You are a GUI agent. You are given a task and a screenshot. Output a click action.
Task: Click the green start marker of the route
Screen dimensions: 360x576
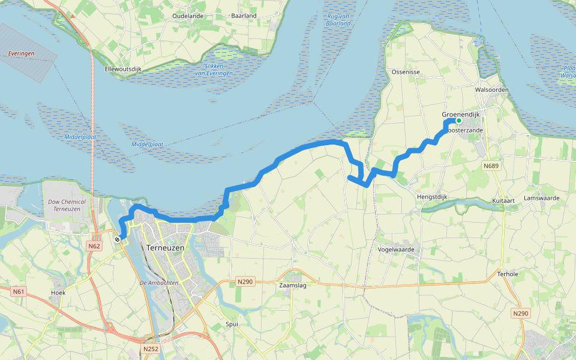(x=459, y=121)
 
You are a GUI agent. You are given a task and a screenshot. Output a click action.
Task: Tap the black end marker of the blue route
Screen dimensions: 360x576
(x=118, y=239)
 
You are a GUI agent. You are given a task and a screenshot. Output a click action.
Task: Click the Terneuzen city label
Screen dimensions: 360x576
(x=164, y=247)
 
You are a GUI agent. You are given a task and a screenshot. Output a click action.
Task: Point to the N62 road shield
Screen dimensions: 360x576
(x=93, y=246)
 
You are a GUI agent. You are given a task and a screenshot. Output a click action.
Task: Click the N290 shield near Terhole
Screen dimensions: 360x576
(x=521, y=314)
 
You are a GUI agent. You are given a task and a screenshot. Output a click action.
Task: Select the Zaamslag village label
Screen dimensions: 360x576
(x=293, y=286)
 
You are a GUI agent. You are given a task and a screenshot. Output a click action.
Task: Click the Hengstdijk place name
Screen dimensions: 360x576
(x=433, y=196)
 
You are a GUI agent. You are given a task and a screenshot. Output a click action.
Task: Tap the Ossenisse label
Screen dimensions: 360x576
(x=405, y=71)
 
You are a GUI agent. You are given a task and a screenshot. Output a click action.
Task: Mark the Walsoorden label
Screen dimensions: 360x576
(x=491, y=89)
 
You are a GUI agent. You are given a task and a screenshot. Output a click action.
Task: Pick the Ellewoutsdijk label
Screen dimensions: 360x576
(x=123, y=69)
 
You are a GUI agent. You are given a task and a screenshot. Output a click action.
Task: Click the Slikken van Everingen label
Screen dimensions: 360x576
(x=214, y=69)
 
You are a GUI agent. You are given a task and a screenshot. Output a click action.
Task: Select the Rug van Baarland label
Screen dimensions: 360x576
(x=339, y=20)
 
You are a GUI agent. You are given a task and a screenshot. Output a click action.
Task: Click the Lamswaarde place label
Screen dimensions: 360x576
(x=541, y=197)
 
